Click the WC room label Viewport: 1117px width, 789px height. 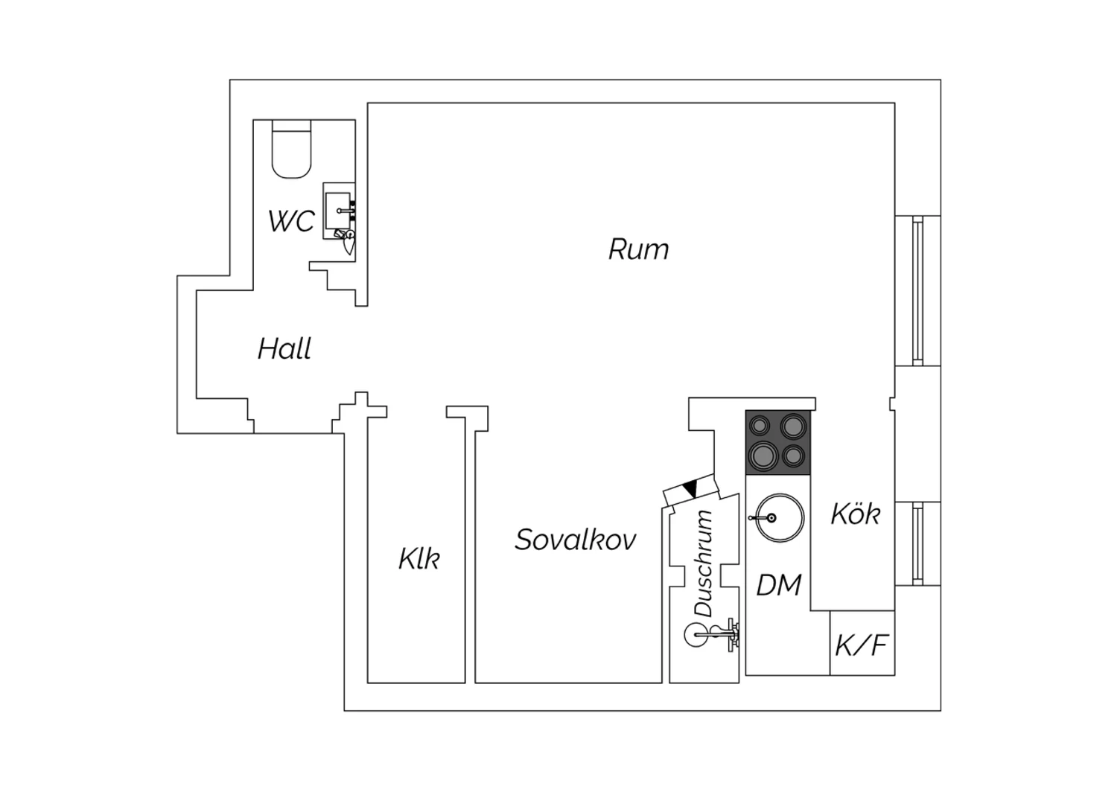click(292, 221)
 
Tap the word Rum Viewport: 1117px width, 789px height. click(638, 249)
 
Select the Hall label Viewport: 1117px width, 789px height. click(284, 348)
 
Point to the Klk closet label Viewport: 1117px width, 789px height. click(419, 559)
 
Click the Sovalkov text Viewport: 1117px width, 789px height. click(576, 540)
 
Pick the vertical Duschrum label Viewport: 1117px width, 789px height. click(704, 563)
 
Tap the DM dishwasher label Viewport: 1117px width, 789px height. click(779, 584)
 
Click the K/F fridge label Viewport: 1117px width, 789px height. click(862, 645)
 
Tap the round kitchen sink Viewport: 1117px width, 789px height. click(779, 518)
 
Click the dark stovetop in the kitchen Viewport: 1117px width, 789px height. click(778, 441)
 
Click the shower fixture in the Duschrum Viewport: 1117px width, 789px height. click(712, 635)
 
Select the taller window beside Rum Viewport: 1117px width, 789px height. click(917, 291)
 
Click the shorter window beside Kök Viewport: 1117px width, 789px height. click(917, 544)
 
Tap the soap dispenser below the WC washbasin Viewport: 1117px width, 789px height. click(349, 241)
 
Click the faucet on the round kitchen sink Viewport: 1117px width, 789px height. click(763, 518)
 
